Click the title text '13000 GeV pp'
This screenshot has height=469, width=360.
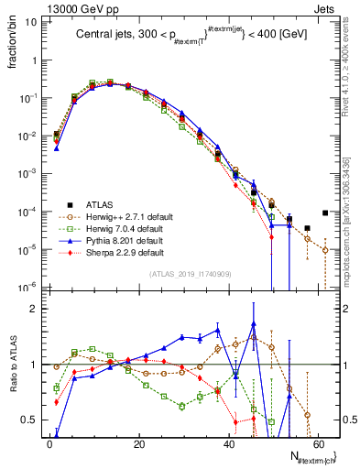click(77, 7)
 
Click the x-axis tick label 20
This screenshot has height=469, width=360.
click(138, 442)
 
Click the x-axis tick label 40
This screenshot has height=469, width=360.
click(228, 442)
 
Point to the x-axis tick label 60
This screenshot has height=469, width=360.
click(317, 442)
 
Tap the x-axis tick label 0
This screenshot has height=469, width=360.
click(49, 442)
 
